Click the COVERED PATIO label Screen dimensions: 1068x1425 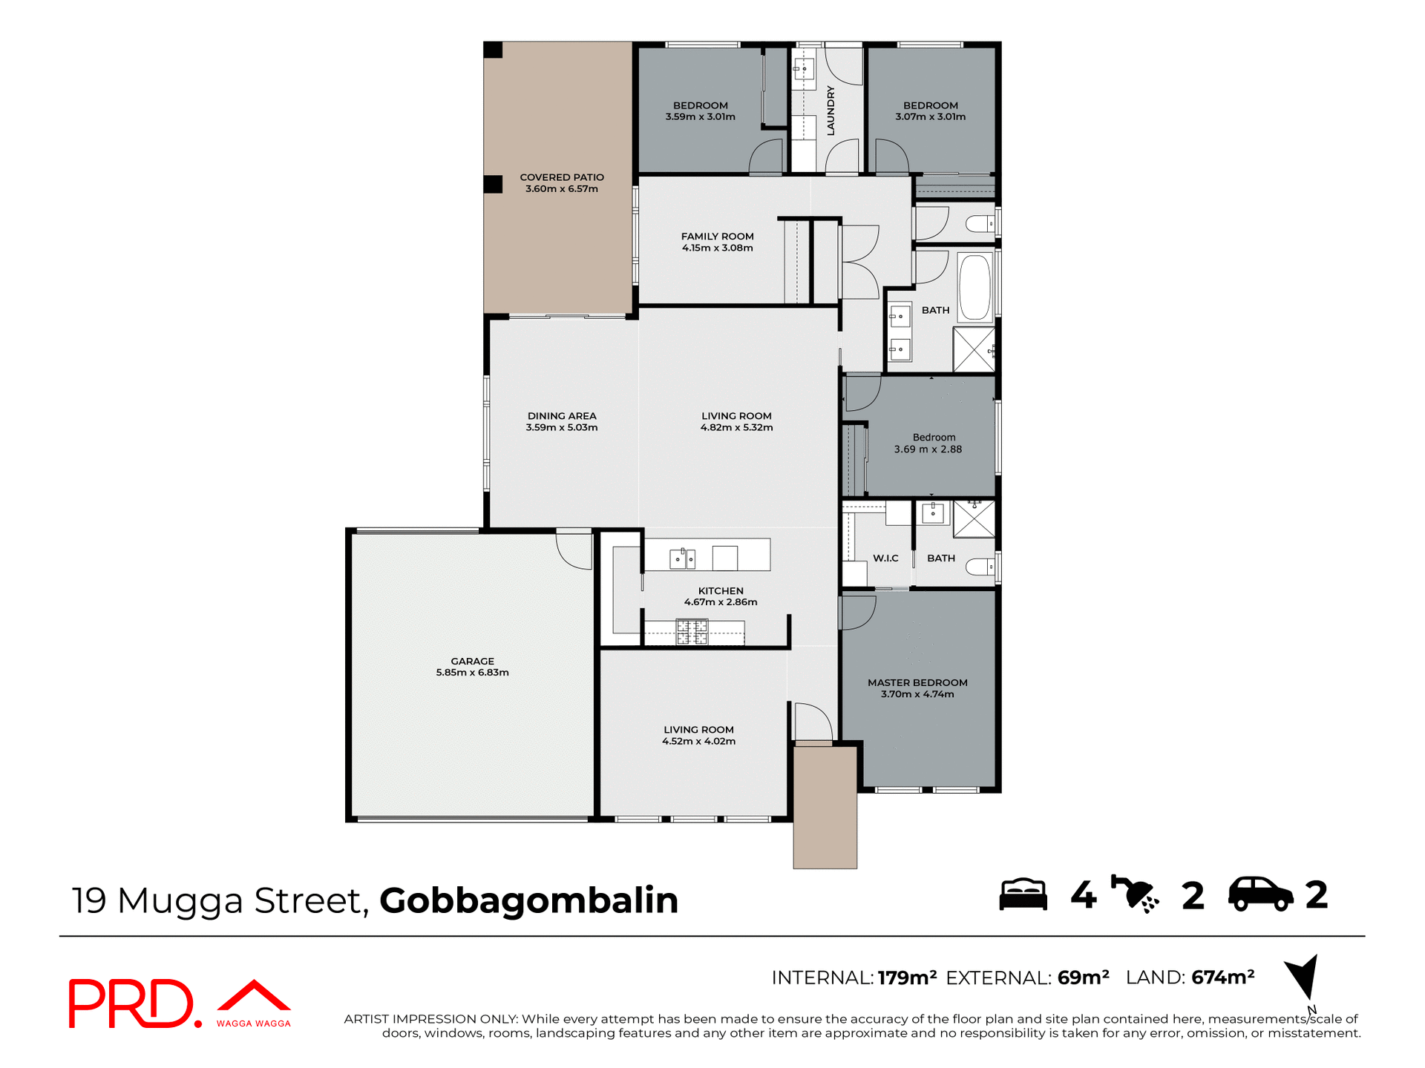coord(562,177)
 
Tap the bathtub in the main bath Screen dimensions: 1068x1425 coord(974,288)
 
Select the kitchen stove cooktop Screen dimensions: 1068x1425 coord(692,632)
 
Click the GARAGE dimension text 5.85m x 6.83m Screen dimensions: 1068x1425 coord(472,673)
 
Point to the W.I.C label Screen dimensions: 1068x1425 coord(885,558)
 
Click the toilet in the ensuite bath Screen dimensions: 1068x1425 coord(980,567)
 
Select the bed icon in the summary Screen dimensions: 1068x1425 coord(1023,894)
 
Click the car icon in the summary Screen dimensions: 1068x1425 coord(1260,894)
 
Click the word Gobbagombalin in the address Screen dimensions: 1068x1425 coord(528,900)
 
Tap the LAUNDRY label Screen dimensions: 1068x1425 coord(831,111)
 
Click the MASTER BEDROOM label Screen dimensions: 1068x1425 coord(917,682)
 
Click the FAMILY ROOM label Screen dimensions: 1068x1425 coord(717,237)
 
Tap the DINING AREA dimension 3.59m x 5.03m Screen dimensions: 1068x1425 coord(562,428)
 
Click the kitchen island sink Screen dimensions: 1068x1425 coord(681,558)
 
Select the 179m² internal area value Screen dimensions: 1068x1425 coord(906,978)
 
